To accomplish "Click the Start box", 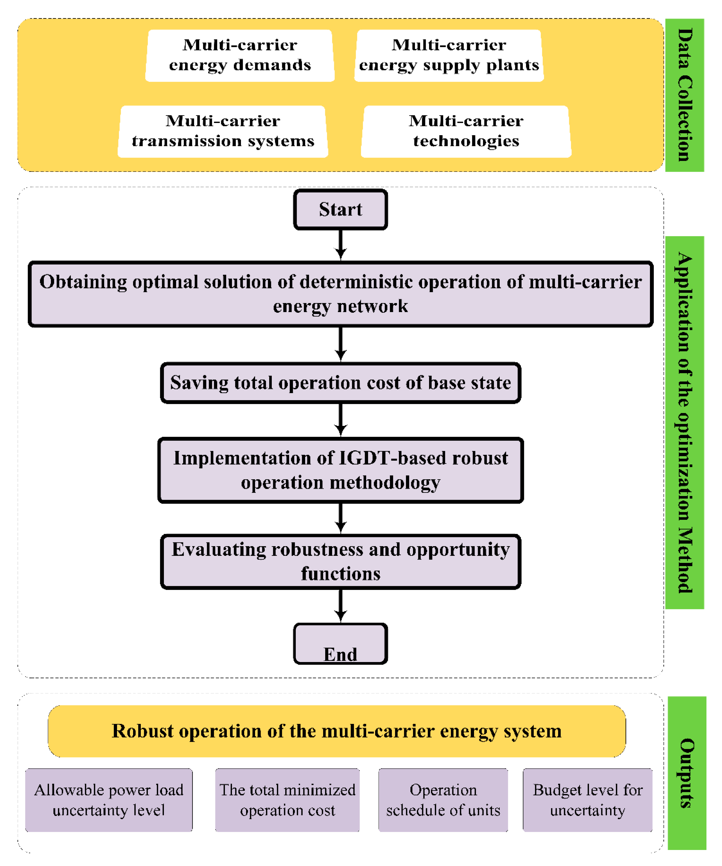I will click(x=340, y=209).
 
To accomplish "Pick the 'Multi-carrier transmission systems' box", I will click(x=223, y=131).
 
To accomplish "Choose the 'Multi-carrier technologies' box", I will click(x=466, y=131).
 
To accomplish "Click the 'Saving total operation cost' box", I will click(x=340, y=383).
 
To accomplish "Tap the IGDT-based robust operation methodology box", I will click(x=340, y=470).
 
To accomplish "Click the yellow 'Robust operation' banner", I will click(x=337, y=731).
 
